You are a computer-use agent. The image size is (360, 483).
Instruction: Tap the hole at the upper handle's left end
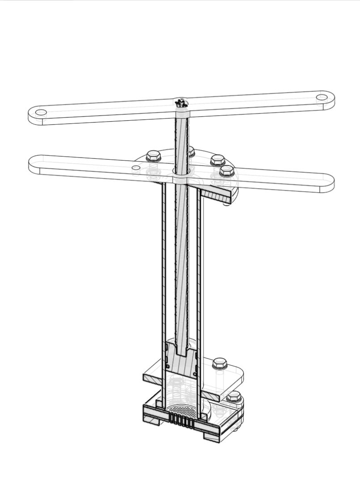[x=41, y=112]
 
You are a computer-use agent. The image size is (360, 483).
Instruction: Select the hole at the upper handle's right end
[x=322, y=97]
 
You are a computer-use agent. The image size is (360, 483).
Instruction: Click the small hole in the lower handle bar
[x=136, y=167]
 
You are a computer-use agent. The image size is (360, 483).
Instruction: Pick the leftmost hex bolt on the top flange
[x=153, y=156]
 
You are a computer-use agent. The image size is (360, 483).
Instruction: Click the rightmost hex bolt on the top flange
[x=227, y=170]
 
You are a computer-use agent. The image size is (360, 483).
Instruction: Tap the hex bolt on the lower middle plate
[x=219, y=363]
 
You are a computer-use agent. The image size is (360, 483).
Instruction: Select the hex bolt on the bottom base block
[x=233, y=397]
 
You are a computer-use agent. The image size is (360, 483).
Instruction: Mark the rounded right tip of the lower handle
[x=329, y=183]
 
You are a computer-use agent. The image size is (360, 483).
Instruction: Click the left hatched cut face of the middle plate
[x=152, y=377]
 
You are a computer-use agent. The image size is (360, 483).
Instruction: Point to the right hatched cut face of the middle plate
[x=210, y=395]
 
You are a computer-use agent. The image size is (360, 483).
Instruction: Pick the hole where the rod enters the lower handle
[x=182, y=171]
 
